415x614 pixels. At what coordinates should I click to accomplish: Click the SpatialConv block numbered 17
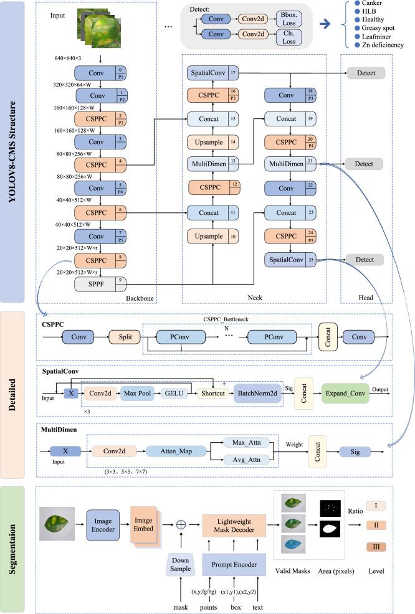pos(206,73)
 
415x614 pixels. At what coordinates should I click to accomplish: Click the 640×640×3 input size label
pos(72,57)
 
